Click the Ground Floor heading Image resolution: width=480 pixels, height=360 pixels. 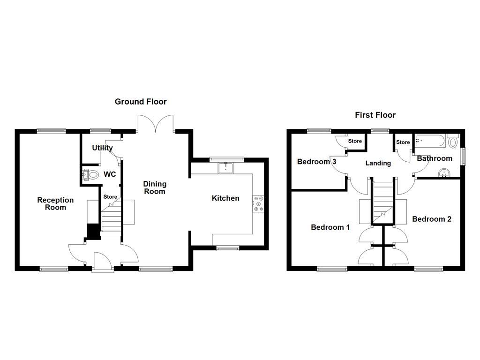click(x=141, y=102)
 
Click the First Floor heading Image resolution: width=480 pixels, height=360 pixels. click(x=375, y=115)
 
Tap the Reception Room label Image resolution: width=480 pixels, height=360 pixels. click(x=55, y=204)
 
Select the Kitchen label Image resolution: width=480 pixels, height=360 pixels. click(x=225, y=198)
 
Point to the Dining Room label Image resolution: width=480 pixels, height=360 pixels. click(x=155, y=188)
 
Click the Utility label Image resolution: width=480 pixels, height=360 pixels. click(x=102, y=148)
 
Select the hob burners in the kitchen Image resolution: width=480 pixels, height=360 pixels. click(x=258, y=203)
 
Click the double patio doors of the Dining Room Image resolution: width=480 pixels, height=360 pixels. click(x=156, y=124)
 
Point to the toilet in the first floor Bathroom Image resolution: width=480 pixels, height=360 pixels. click(x=453, y=142)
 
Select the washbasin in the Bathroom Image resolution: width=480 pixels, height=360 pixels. click(x=443, y=174)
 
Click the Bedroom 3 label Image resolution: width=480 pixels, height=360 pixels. click(x=317, y=162)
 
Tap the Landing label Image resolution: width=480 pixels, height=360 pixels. click(x=378, y=163)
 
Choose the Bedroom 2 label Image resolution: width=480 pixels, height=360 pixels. click(x=432, y=219)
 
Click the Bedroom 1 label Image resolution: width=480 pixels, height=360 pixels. click(x=330, y=227)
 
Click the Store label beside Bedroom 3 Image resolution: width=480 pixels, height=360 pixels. click(x=355, y=141)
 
